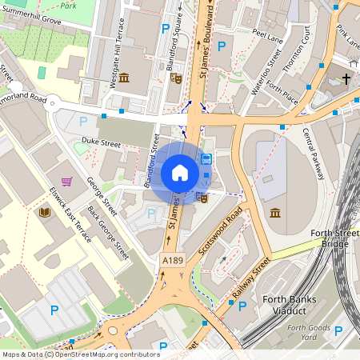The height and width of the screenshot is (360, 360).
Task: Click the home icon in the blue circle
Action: (180, 173)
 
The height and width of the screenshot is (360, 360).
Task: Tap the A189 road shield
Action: (172, 261)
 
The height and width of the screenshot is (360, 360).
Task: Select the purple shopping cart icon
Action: (66, 182)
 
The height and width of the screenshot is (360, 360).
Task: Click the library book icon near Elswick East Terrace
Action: (45, 212)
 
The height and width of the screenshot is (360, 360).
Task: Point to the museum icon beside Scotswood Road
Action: (274, 213)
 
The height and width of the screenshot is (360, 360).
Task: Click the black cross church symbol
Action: (346, 78)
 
